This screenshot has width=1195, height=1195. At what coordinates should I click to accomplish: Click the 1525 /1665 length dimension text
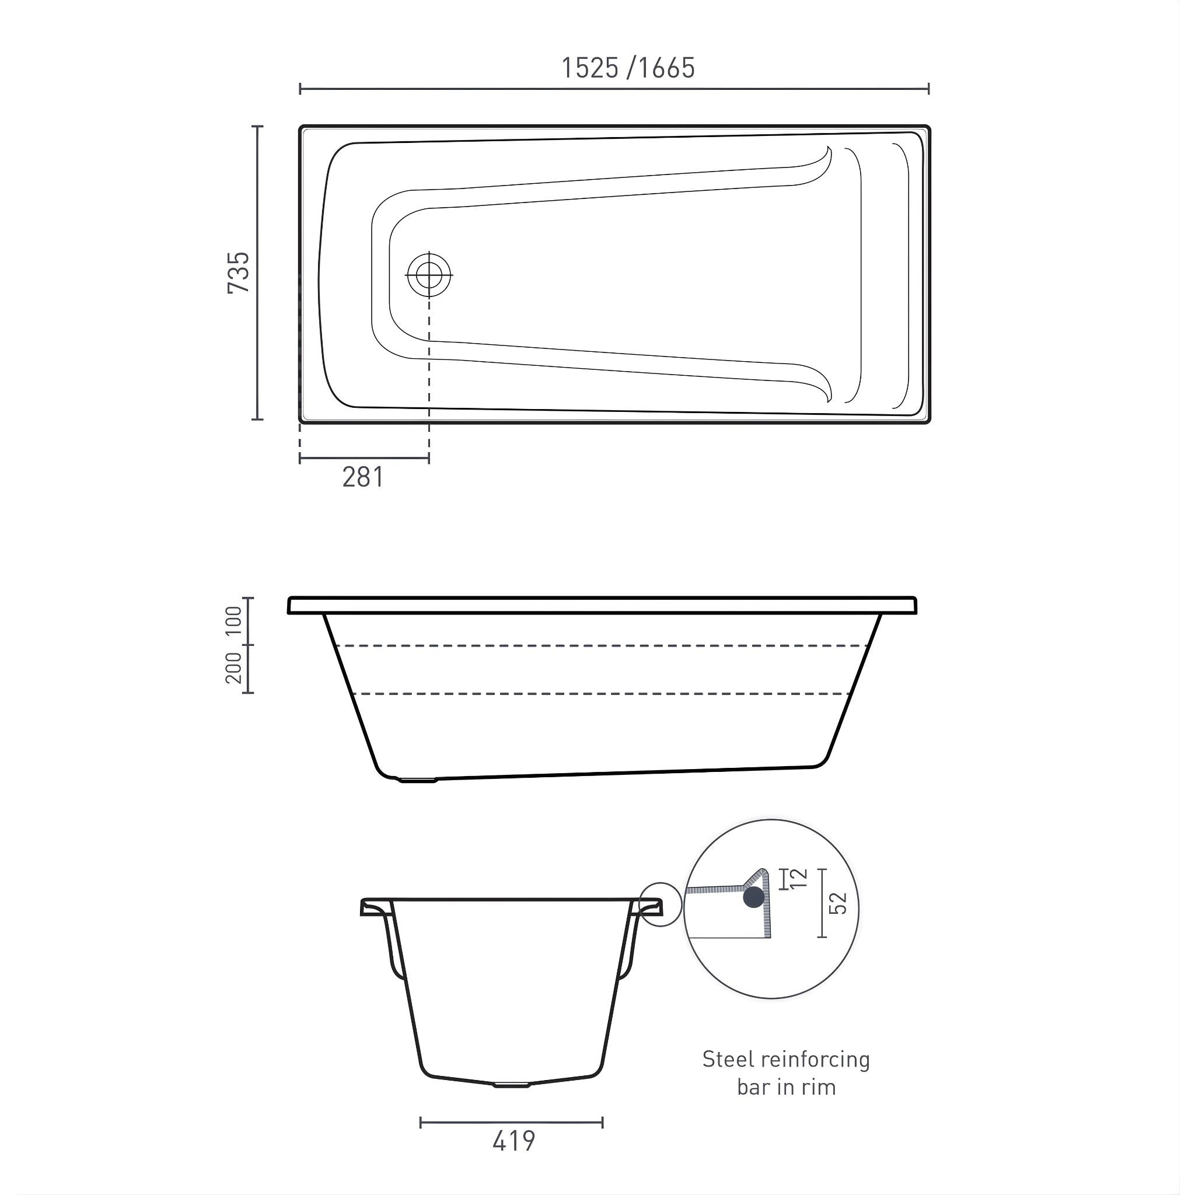(627, 68)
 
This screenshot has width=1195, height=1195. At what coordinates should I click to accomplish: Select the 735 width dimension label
(239, 272)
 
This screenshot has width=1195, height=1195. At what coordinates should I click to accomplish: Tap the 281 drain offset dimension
(363, 477)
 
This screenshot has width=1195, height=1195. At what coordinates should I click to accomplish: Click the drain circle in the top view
(429, 274)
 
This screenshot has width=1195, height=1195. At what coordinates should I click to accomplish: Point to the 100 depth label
(234, 621)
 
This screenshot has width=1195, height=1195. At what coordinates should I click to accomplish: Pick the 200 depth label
(234, 668)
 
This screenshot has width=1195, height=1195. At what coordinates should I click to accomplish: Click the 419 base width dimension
(513, 1141)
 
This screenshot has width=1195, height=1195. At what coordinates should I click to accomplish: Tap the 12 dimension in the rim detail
(799, 878)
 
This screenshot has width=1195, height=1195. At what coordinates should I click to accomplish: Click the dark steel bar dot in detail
(753, 897)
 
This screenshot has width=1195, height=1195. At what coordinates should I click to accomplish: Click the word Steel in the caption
(728, 1060)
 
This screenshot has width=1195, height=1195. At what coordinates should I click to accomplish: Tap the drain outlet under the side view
(418, 781)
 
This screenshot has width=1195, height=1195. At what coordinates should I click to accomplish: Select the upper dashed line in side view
(600, 646)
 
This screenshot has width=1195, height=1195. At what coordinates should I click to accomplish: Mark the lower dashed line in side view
(600, 694)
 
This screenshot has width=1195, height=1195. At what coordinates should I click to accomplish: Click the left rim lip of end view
(375, 907)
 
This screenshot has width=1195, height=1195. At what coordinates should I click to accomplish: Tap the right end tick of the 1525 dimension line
(928, 89)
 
